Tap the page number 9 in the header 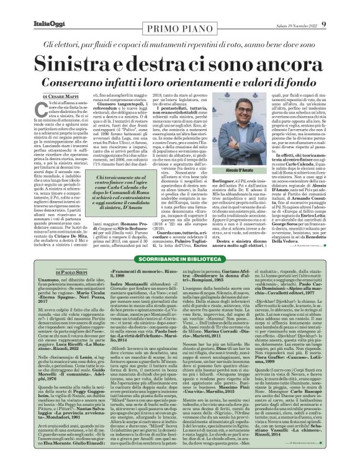pyautogui.click(x=341, y=7)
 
